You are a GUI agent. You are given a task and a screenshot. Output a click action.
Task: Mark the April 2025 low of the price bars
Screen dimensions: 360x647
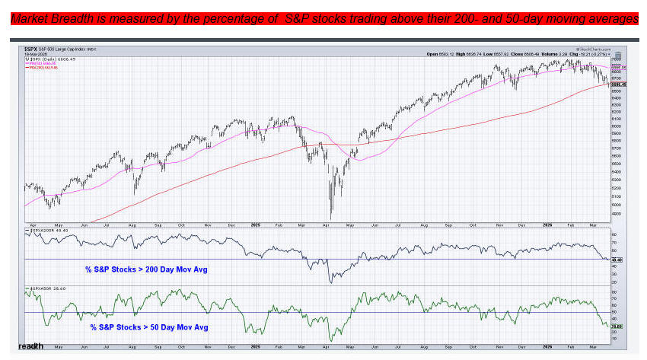[x=330, y=218]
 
